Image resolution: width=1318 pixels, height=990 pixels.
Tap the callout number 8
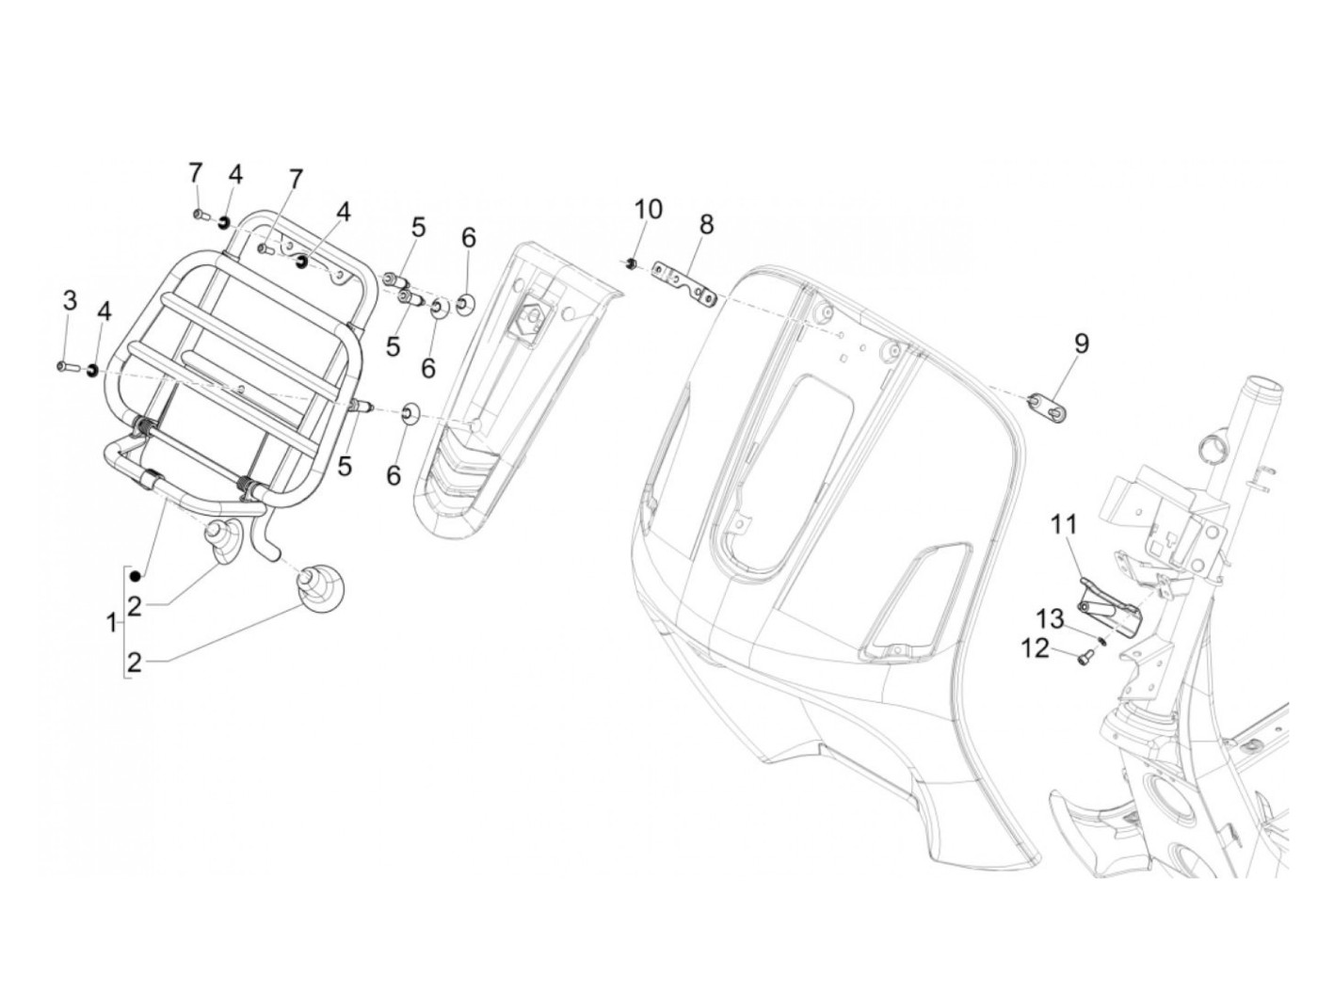point(706,224)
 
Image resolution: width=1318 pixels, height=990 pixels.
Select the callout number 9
point(1081,343)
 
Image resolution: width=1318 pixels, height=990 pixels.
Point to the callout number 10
point(649,209)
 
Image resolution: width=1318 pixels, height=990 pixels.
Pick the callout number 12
point(1035,647)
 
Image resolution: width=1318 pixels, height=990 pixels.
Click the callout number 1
point(112,622)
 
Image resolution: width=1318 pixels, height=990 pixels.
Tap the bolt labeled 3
point(65,365)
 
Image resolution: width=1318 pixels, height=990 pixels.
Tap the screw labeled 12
point(1084,658)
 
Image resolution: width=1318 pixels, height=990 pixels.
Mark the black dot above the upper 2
point(135,575)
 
